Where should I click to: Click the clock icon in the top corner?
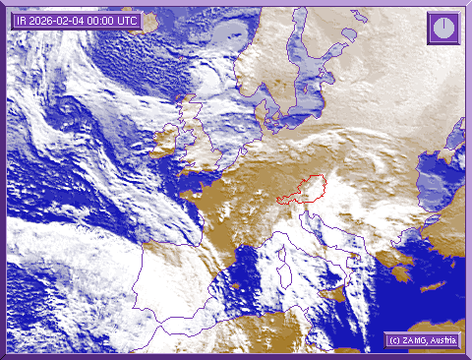click(443, 28)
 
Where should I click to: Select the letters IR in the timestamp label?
click(22, 21)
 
